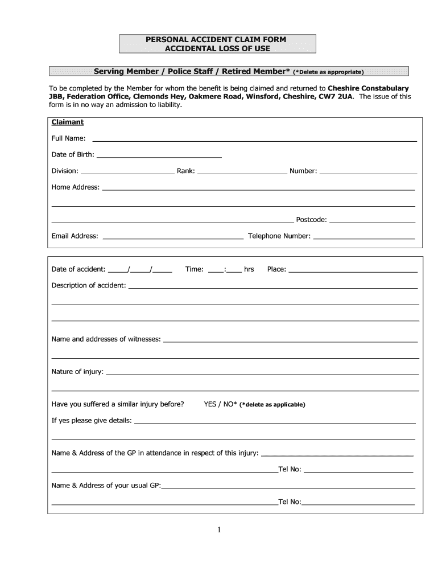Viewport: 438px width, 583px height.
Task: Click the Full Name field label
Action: point(68,138)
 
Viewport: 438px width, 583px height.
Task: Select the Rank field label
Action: point(186,171)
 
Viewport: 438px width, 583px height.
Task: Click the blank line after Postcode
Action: point(373,220)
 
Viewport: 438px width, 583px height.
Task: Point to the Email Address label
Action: point(75,236)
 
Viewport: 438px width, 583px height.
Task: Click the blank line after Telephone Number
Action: point(364,236)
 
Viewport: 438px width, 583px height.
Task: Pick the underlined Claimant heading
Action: point(68,122)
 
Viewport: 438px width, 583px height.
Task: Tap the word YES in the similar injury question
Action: point(210,404)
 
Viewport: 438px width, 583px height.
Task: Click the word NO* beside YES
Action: point(230,404)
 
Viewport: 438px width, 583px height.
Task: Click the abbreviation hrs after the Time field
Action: point(249,269)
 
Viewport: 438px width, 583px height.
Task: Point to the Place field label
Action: point(276,269)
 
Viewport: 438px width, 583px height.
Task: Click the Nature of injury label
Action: point(77,372)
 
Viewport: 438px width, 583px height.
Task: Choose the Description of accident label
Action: point(89,285)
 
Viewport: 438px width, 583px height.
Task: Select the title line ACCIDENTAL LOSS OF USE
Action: point(217,48)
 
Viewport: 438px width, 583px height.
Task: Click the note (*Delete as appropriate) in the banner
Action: point(328,72)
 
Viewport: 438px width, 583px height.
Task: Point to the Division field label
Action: point(65,171)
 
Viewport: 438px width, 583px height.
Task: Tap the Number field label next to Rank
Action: point(303,171)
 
